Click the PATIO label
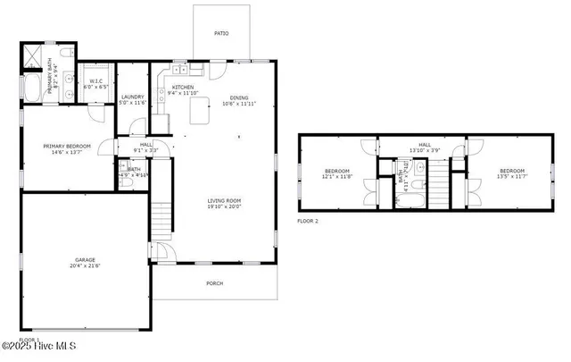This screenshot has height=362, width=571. (220, 33)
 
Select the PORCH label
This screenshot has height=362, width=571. (214, 283)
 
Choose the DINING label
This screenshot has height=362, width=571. (238, 98)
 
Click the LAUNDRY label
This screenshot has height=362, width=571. (132, 97)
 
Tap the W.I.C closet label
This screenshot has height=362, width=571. (95, 81)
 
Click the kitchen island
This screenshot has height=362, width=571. (198, 112)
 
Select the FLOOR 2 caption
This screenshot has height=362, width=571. (308, 220)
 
